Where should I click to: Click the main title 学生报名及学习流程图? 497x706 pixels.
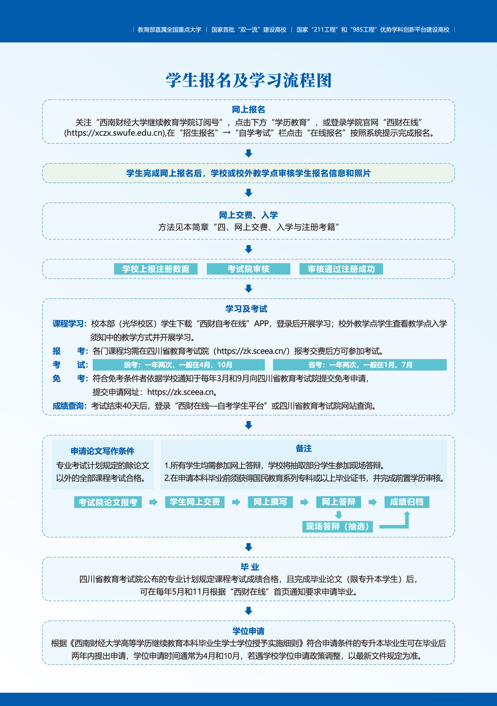[249, 81]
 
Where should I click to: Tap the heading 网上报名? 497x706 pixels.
[249, 109]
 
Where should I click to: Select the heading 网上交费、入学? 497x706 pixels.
[249, 215]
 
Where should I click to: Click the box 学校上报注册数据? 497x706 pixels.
[156, 269]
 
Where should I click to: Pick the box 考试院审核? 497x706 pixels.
[249, 269]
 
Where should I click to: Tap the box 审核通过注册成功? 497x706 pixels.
[341, 269]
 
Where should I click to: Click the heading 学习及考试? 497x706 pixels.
[246, 309]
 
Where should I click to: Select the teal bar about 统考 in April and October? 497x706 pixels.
[179, 365]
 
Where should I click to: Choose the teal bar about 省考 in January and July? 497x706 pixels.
[360, 365]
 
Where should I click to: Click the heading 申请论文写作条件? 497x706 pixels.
[103, 451]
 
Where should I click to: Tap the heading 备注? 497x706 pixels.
[304, 449]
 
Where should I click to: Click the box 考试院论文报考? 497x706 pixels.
[108, 502]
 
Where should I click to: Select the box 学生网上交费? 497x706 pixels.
[195, 502]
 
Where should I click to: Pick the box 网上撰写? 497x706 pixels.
[270, 502]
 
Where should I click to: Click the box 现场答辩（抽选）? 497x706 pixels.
[338, 527]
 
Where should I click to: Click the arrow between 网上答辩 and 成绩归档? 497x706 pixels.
[373, 502]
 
